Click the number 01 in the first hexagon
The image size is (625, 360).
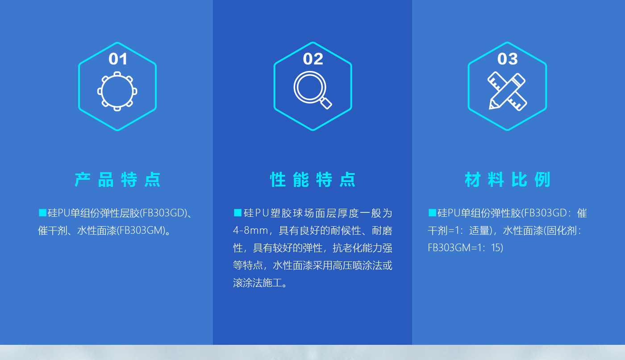(118, 59)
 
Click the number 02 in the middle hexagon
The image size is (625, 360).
(313, 59)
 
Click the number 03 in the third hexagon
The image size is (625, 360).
(507, 59)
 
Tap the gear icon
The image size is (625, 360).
(117, 91)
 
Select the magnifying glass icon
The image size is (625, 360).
(312, 90)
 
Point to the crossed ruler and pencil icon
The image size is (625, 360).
(507, 91)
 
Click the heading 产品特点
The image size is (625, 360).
(117, 180)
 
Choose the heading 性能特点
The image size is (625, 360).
(313, 180)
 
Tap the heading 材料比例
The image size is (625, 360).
(508, 180)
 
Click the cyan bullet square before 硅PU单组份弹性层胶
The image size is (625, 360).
(43, 212)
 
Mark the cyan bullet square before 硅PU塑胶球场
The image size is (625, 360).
(237, 212)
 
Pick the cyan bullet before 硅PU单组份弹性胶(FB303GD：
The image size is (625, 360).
(432, 212)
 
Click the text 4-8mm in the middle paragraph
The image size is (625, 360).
(250, 230)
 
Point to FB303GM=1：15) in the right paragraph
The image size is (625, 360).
(465, 248)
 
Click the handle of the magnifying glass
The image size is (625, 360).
(325, 103)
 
